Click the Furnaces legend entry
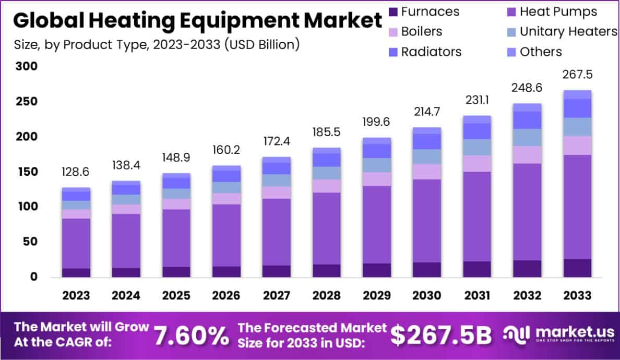pos(423,11)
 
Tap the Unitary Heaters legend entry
pos(562,32)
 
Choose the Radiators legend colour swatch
pos(393,52)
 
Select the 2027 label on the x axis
pos(277,296)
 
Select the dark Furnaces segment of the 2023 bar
pos(76,272)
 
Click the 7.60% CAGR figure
pos(191,335)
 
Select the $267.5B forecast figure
pos(441,335)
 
